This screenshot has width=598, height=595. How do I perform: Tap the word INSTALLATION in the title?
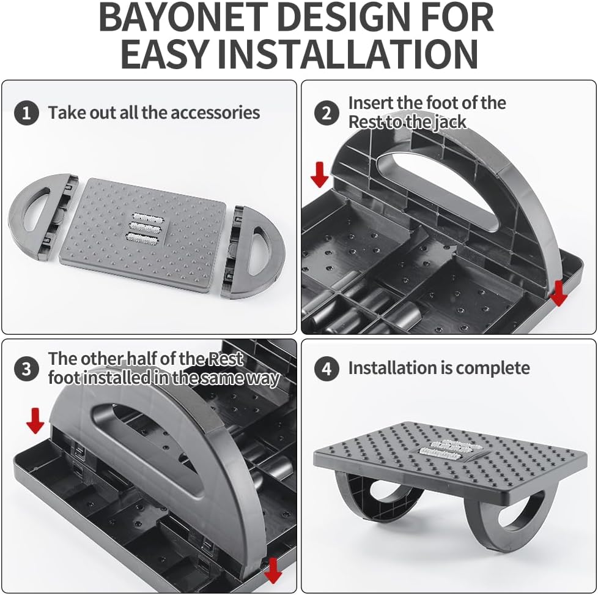(348, 54)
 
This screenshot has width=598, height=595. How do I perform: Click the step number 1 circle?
(26, 113)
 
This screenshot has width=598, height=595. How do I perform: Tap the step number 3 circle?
(26, 369)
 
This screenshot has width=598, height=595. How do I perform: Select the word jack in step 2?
(450, 122)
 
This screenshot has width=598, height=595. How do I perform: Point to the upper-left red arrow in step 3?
(35, 421)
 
